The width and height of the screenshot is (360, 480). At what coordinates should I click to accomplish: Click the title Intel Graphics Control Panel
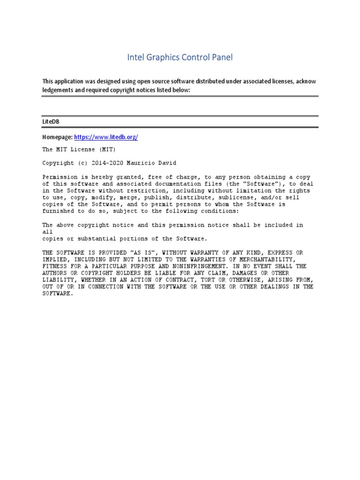[180, 58]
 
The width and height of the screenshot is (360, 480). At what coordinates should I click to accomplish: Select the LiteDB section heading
[51, 121]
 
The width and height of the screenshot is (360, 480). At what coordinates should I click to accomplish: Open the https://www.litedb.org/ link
[106, 137]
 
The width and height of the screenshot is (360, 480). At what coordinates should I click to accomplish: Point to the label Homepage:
[58, 137]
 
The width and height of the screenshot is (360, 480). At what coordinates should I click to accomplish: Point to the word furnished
[59, 211]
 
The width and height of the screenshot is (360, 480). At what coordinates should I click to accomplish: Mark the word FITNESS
[54, 266]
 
